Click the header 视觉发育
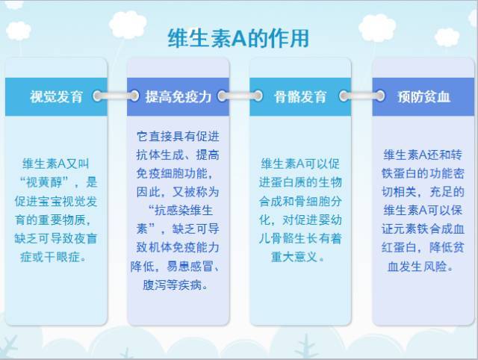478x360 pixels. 56,96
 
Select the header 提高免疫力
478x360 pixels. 179,96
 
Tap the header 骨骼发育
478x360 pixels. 301,96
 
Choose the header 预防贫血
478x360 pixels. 423,96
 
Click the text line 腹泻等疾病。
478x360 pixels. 179,285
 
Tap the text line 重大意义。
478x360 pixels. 300,257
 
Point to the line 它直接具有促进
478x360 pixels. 179,137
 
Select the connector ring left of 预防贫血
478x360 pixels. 380,96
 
